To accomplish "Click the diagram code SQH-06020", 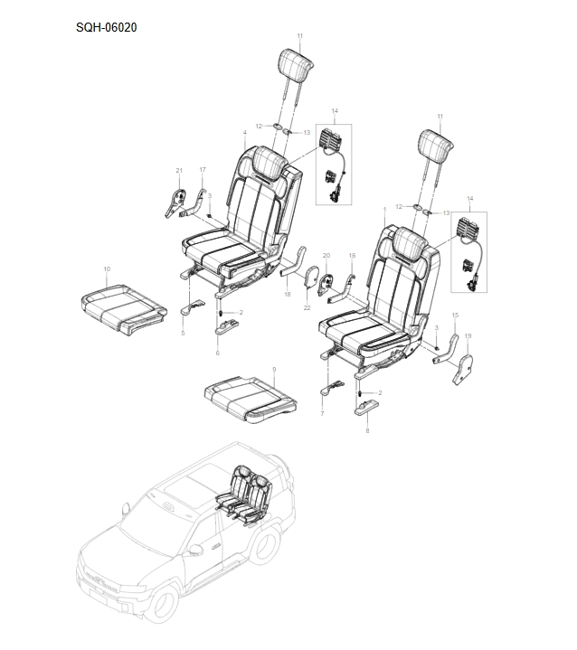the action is click(106, 28).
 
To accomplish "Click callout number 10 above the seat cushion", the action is click(107, 269).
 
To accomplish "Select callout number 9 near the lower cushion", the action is click(274, 369).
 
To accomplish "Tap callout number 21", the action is click(179, 170).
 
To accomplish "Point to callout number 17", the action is click(203, 170).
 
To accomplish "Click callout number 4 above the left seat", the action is click(245, 132).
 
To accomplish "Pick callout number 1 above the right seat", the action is click(384, 210).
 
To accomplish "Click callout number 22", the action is click(307, 307).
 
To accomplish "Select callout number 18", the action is click(288, 295).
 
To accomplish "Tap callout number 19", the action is click(468, 335).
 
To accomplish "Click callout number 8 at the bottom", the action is click(367, 431).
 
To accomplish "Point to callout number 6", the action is click(217, 353).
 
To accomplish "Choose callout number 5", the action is click(183, 334).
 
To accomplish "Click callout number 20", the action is click(326, 255).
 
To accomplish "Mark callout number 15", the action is click(455, 315).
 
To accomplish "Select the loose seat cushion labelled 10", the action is click(124, 308).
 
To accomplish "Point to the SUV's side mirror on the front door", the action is click(194, 550).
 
